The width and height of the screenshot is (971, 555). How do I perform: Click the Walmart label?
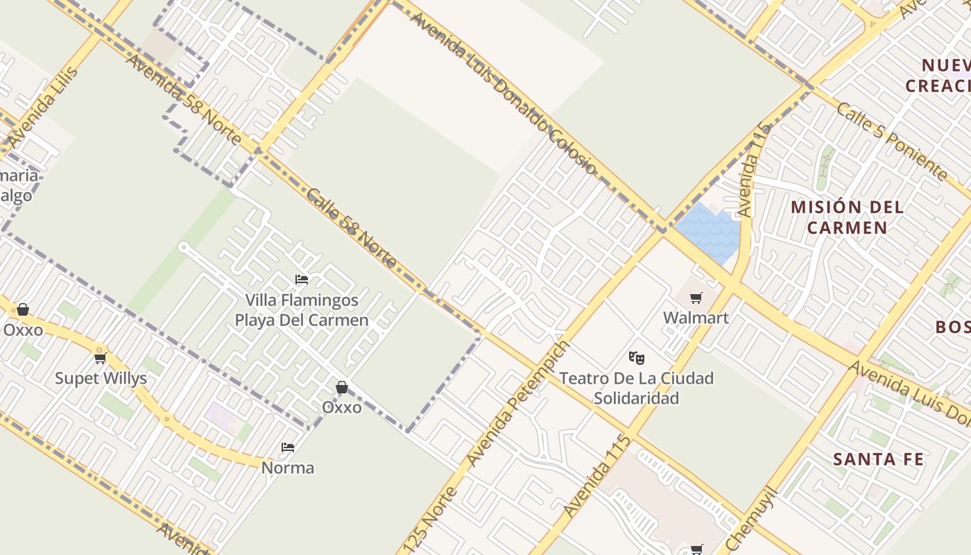696,318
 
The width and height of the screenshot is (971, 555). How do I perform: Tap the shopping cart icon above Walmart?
696,298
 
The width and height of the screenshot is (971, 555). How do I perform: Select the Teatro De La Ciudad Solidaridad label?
636,388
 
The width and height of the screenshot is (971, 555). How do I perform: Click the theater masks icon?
636,358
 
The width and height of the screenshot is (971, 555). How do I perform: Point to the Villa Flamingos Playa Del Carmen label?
302,310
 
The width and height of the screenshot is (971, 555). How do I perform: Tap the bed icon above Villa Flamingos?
302,280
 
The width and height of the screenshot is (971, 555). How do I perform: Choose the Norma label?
287,468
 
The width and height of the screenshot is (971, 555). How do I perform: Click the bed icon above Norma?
287,447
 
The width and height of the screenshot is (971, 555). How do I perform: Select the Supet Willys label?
101,378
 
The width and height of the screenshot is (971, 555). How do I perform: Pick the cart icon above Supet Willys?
101,358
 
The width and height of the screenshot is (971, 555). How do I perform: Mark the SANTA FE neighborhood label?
878,459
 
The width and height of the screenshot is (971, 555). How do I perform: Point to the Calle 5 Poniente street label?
891,140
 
